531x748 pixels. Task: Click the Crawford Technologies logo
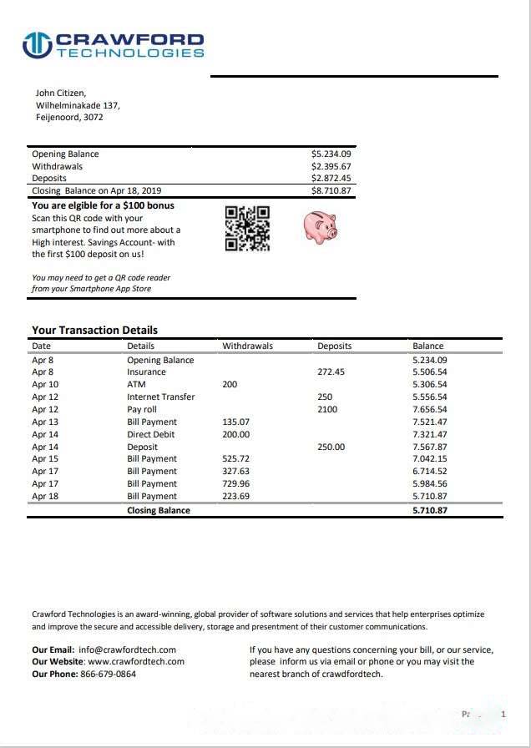(113, 44)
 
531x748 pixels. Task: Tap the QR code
(248, 228)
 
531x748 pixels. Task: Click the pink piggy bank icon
(318, 225)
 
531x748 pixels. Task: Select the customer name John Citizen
(61, 93)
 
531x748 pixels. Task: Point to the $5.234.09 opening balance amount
(331, 154)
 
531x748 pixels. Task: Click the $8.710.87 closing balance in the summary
(331, 190)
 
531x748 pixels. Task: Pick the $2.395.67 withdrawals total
(331, 166)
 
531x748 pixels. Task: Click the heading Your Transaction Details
(94, 330)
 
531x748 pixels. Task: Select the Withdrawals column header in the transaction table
(247, 346)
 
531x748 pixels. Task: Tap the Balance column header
(428, 346)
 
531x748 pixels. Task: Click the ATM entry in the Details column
(136, 385)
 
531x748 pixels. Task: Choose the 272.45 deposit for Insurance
(331, 372)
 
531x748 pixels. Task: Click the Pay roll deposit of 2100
(328, 410)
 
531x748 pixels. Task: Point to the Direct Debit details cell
(151, 435)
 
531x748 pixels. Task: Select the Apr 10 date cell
(45, 385)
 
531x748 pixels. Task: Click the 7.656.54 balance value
(430, 410)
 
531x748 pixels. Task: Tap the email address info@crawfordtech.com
(127, 649)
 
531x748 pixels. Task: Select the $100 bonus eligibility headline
(103, 205)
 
